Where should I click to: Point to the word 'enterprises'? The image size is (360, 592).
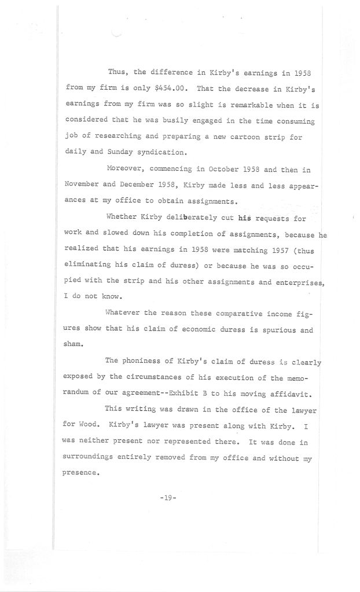(x=297, y=283)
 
